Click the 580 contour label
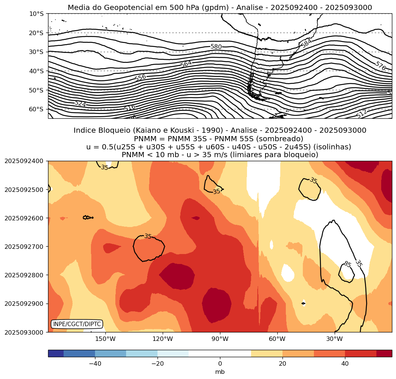coord(216,47)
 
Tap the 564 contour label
coord(186,64)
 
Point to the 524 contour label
coord(80,104)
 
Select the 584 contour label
coord(306,44)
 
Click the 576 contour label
coord(380,66)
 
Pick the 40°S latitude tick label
coord(36,71)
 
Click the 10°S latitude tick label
coord(36,14)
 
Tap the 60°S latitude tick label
coord(36,109)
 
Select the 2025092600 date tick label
coord(23,218)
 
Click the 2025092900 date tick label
coord(23,304)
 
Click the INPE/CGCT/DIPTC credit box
coord(77,324)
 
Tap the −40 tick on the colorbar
coord(95,364)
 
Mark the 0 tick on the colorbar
coord(220,364)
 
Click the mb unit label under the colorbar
coord(220,372)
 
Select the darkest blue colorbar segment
coord(56,353)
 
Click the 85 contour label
coord(347,264)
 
